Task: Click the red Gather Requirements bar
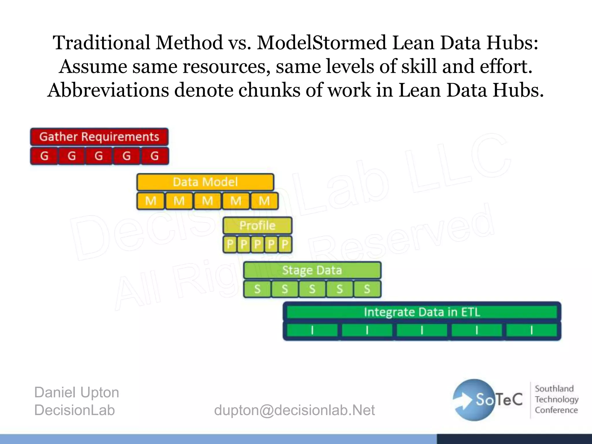[99, 137]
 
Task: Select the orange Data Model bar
[205, 182]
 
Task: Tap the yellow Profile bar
[257, 225]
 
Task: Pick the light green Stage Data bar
[312, 270]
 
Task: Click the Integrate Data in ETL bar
[422, 312]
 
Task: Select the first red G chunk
[44, 156]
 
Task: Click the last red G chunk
[155, 156]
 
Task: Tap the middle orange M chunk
[208, 201]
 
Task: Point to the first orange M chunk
[151, 201]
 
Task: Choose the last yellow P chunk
[285, 244]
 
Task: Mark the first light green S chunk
[257, 289]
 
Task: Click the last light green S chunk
[367, 289]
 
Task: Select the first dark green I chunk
[312, 330]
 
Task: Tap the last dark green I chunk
[531, 330]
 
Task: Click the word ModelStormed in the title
[321, 42]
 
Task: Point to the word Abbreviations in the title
[108, 90]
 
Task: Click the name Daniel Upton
[77, 393]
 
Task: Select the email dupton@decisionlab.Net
[294, 410]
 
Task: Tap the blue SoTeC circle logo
[474, 400]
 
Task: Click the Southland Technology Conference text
[556, 399]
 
